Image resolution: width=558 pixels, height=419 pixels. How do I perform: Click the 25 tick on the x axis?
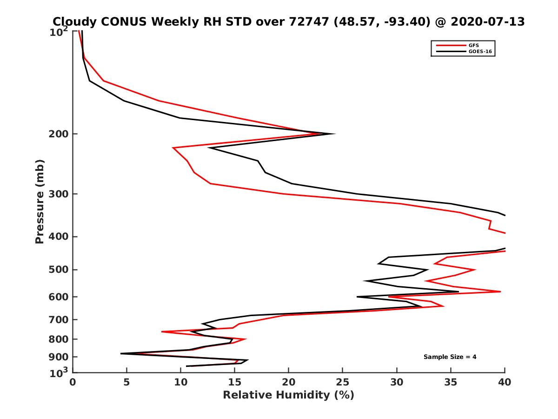click(x=343, y=382)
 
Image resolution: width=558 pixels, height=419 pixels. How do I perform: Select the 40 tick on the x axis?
click(x=505, y=382)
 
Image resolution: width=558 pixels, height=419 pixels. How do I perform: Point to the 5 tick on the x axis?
click(x=126, y=382)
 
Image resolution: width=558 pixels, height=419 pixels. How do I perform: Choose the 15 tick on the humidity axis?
click(x=234, y=382)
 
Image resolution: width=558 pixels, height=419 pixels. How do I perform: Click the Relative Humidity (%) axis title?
click(x=288, y=395)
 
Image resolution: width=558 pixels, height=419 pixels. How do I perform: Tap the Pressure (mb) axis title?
click(x=40, y=201)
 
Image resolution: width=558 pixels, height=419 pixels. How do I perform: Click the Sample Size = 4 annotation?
click(x=450, y=357)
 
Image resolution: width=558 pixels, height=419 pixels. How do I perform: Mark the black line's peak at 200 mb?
click(x=334, y=134)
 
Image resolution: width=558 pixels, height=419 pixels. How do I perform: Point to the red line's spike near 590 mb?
click(x=500, y=291)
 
